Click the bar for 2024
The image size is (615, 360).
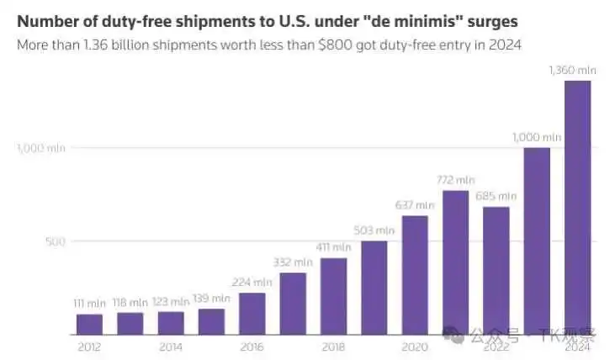coord(577,208)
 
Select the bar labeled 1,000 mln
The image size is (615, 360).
coord(537,241)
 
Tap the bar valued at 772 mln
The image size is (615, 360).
coord(455,262)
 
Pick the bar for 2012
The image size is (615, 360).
coord(89,325)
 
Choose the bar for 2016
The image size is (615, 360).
coord(252,314)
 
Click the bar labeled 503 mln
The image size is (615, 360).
coord(374,288)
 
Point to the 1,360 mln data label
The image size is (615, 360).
coord(572,70)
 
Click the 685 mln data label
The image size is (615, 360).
coord(496,196)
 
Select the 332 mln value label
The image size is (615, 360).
coord(293,262)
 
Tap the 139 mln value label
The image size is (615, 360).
coord(211,299)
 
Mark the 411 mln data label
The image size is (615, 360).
coord(333,247)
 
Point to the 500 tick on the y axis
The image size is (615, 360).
coord(56,241)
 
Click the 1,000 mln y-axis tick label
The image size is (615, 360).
coord(41,148)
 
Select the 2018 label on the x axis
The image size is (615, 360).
coord(333,347)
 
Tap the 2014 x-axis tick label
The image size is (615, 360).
coord(171,347)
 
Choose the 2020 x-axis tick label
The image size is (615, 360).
coord(415,347)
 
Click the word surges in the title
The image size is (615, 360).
coord(493,22)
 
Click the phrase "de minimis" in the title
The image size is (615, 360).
coord(413,21)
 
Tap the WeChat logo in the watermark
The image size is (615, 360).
coord(453,335)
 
